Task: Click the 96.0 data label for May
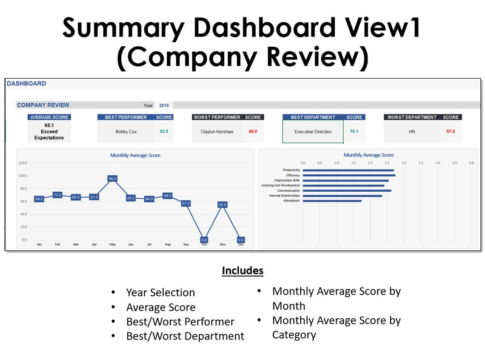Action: (112, 179)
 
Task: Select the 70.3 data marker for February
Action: (57, 195)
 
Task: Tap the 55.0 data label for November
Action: (223, 205)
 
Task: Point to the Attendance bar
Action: (332, 201)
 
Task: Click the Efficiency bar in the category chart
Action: (349, 176)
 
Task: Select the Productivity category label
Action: (291, 170)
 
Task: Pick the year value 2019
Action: (164, 105)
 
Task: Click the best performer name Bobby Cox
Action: (126, 132)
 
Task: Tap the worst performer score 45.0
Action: (253, 131)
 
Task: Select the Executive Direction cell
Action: (313, 132)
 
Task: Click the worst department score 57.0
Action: (451, 131)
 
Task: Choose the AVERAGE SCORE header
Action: (49, 117)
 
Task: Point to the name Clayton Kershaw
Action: (217, 132)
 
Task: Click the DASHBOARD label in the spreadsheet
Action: (26, 84)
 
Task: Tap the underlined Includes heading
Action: (242, 271)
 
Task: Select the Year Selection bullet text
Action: (160, 292)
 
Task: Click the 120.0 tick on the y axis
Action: (23, 163)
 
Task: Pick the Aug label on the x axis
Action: (167, 245)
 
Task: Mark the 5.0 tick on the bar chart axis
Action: (471, 163)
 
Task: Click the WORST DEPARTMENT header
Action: (412, 117)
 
